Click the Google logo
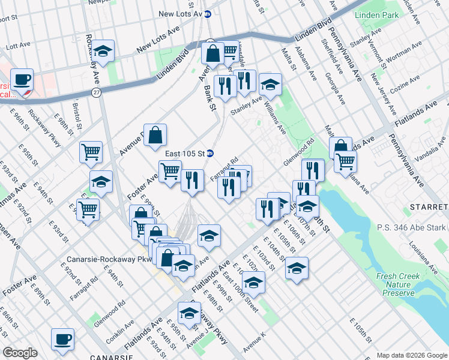(x=20, y=353)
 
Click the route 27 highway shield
(x=96, y=92)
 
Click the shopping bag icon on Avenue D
(x=155, y=136)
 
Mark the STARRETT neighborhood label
(x=428, y=207)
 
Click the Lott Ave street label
(x=18, y=45)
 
